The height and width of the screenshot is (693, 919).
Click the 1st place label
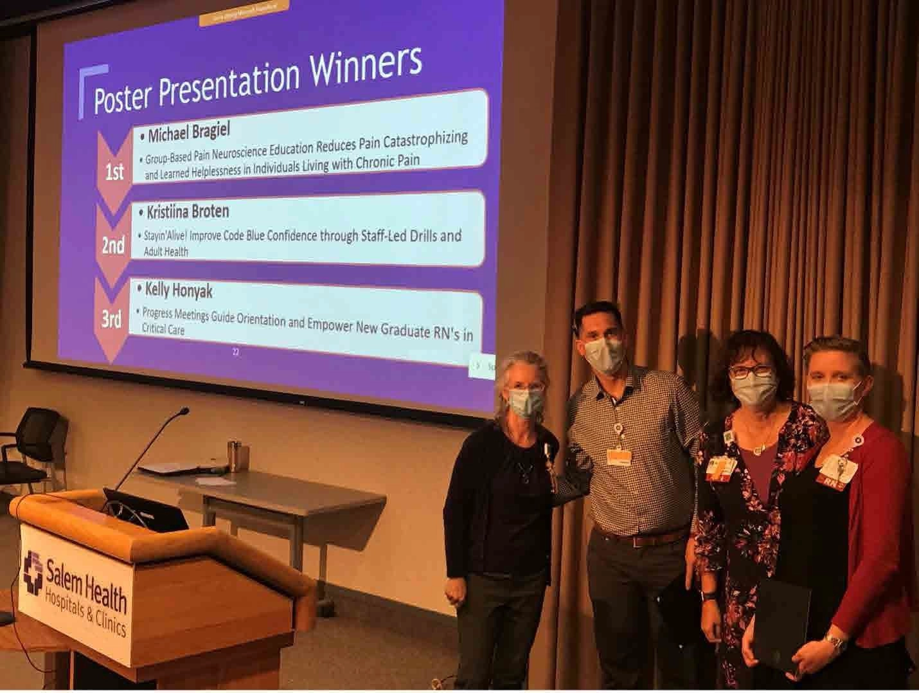114,172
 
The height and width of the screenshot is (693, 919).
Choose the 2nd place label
113,245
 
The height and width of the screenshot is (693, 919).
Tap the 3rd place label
112,319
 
